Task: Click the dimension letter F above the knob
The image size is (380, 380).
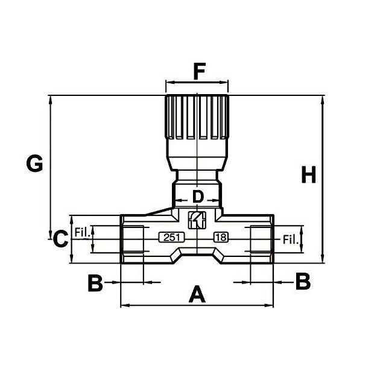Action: (197, 72)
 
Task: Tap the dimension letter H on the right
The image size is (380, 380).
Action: (308, 175)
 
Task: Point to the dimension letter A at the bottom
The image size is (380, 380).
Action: (197, 295)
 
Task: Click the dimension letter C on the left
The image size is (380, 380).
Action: (60, 239)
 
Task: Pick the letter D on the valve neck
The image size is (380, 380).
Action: (197, 196)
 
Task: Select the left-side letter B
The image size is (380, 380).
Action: (95, 282)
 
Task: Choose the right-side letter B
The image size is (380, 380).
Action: (302, 281)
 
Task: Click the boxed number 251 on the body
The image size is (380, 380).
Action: (171, 238)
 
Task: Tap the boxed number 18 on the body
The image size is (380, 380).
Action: (221, 238)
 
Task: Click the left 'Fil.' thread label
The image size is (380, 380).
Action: (81, 231)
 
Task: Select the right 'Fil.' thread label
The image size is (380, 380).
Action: (291, 239)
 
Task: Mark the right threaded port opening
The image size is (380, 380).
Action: (261, 238)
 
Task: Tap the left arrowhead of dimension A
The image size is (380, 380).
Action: (124, 305)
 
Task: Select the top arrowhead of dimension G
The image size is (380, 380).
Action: (50, 98)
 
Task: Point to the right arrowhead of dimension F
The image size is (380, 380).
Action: (226, 83)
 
